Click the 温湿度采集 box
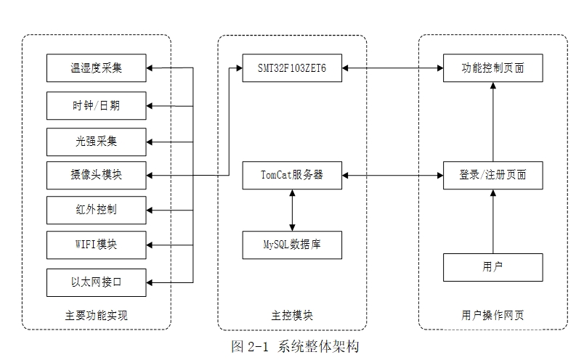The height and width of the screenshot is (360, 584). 97,68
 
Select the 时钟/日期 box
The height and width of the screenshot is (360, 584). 97,105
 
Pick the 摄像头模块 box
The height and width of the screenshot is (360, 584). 97,175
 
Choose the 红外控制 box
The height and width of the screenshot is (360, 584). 97,210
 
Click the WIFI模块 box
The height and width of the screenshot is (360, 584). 97,245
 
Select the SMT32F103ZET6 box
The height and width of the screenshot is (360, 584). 292,68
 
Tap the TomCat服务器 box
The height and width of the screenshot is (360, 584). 292,175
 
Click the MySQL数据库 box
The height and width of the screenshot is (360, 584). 292,245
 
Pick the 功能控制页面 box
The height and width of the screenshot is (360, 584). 493,68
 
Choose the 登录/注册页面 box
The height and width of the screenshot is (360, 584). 493,175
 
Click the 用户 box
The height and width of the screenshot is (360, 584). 493,267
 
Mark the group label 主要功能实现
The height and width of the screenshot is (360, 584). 97,315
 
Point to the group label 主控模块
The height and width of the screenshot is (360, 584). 292,315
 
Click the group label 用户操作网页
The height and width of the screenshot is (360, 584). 493,315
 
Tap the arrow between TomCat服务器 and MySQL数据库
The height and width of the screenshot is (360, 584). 292,210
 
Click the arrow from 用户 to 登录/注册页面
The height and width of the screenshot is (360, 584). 493,221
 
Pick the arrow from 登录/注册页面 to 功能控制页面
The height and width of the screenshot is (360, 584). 493,121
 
